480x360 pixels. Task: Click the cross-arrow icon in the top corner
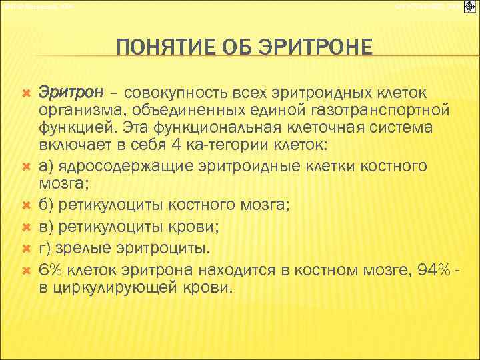click(x=469, y=7)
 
